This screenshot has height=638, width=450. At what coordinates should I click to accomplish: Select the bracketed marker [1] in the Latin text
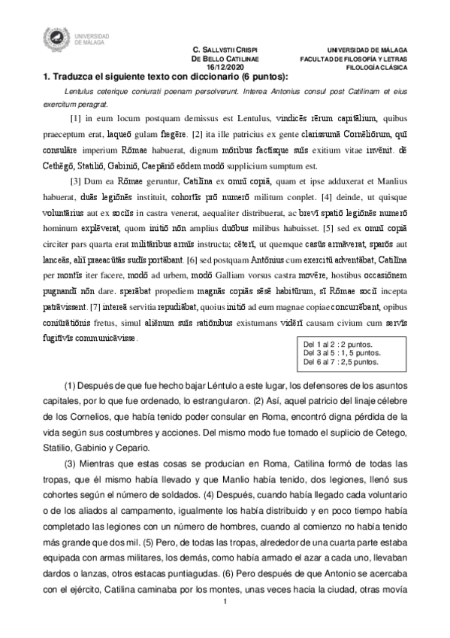(x=75, y=119)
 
